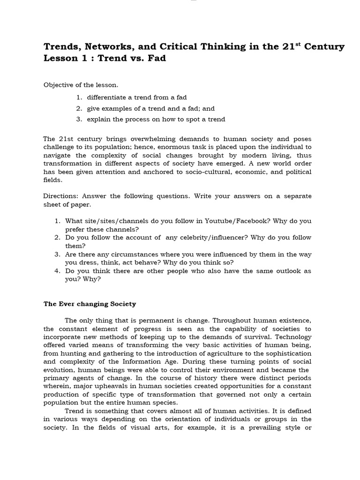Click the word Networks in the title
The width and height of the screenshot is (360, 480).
point(93,47)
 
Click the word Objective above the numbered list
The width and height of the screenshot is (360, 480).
point(58,85)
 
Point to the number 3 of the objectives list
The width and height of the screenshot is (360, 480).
point(79,119)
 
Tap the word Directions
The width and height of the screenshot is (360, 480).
point(60,196)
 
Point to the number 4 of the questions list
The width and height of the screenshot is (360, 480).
point(57,271)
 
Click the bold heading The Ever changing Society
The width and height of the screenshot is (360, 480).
point(90,304)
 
